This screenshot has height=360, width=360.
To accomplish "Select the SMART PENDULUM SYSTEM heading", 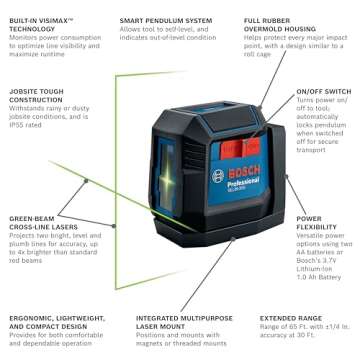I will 164,19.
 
